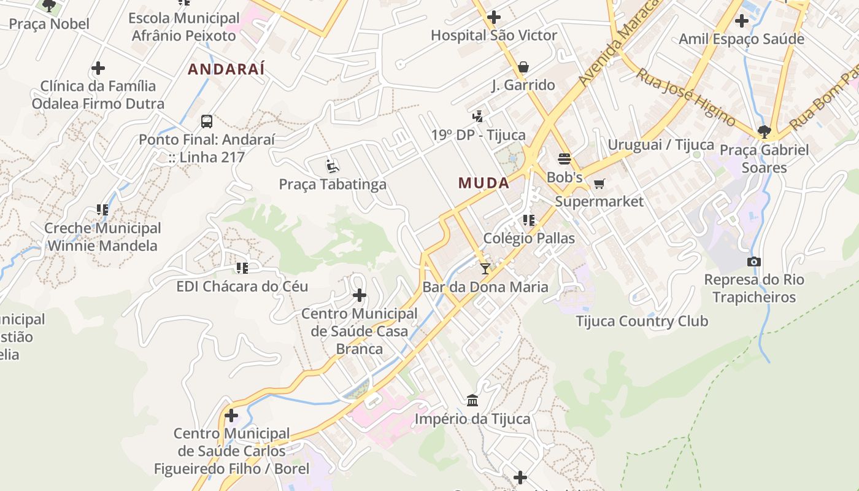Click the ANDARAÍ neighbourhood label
[x=226, y=69]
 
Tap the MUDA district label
[x=483, y=183]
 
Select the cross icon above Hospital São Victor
[x=493, y=17]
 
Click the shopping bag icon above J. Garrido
[x=523, y=67]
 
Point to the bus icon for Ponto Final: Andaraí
[x=207, y=122]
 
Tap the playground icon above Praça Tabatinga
[x=333, y=166]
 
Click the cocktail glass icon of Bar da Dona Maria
[x=485, y=268]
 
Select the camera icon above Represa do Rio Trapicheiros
[x=754, y=262]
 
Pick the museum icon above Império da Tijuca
[x=472, y=401]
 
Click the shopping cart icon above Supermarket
[x=599, y=184]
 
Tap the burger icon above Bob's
[x=564, y=159]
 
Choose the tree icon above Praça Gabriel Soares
[x=764, y=131]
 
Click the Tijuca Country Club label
[x=642, y=321]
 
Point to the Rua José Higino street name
[x=685, y=96]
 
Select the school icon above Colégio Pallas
[x=529, y=220]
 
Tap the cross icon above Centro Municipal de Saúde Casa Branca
[x=360, y=296]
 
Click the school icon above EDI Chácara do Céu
[x=242, y=268]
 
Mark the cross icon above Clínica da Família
[x=98, y=68]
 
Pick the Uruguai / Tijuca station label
[x=661, y=145]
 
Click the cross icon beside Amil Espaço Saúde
[x=741, y=21]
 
